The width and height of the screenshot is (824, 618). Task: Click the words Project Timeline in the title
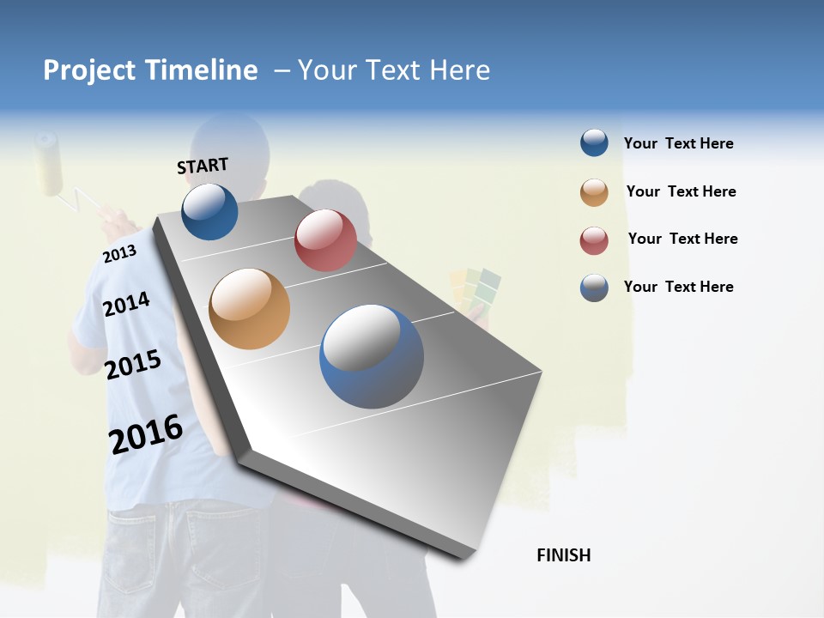tap(150, 70)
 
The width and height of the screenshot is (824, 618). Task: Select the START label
tap(203, 166)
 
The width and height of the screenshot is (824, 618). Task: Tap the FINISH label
tap(563, 555)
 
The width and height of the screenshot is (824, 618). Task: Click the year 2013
tap(119, 253)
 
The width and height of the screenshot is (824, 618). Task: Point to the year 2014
tap(126, 304)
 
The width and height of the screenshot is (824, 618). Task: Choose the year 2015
tap(132, 365)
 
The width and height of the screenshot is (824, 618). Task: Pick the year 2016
tap(146, 434)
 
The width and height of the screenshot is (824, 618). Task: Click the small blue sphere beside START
tap(209, 211)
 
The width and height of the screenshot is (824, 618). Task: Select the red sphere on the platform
tap(325, 240)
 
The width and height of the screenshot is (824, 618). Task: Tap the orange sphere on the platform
tap(250, 308)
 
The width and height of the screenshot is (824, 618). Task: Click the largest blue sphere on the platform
tap(372, 356)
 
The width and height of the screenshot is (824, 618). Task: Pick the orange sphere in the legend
tap(594, 192)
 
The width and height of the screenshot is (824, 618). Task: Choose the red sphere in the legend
tap(594, 240)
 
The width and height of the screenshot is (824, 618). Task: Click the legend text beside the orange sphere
tap(681, 191)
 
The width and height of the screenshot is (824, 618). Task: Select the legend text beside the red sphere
tap(682, 239)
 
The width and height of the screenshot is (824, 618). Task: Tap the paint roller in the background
tap(49, 162)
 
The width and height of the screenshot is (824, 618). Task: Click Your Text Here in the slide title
tap(394, 70)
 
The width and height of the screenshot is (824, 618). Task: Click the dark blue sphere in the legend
tap(594, 142)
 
